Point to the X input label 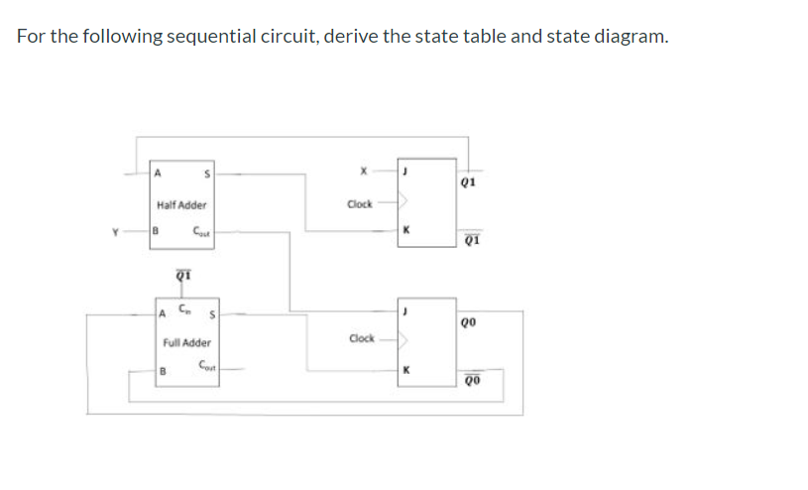[x=364, y=172]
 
